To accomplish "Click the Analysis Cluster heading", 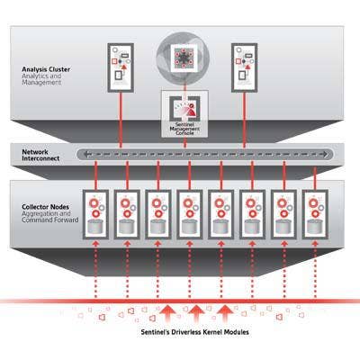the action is pos(46,69).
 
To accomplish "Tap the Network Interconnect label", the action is pos(40,155).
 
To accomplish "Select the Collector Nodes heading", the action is pos(45,207).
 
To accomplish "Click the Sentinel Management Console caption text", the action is pos(184,129).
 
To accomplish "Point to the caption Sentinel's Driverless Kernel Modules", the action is pos(195,332).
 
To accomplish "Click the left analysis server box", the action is pos(121,67).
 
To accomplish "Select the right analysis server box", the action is pos(245,67).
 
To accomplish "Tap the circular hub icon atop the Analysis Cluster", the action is pos(183,57).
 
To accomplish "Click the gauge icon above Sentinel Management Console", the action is pos(184,109).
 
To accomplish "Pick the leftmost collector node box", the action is pos(95,214).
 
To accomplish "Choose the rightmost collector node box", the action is pos(315,214).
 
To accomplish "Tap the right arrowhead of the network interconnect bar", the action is pos(325,155).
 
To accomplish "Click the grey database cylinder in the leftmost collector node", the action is pos(95,227).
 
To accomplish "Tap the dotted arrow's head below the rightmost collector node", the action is pos(315,244).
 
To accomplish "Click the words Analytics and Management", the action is pos(41,79).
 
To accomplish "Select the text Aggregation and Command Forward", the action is pos(50,217).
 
